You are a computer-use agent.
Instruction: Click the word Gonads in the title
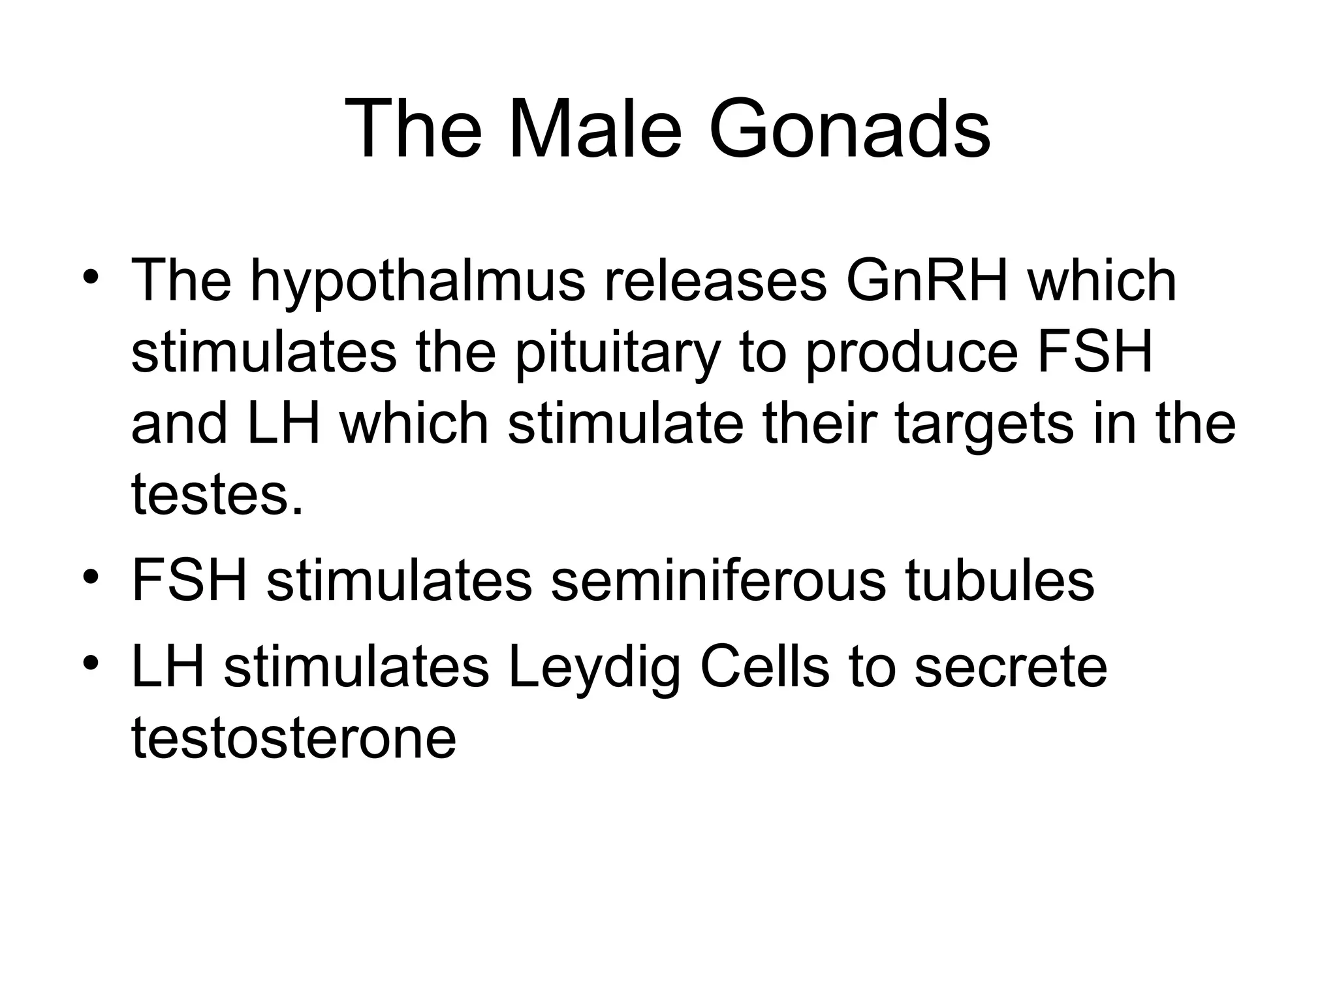849,129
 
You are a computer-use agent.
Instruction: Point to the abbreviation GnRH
926,281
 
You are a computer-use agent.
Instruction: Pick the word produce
911,353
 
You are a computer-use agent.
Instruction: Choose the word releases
715,281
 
